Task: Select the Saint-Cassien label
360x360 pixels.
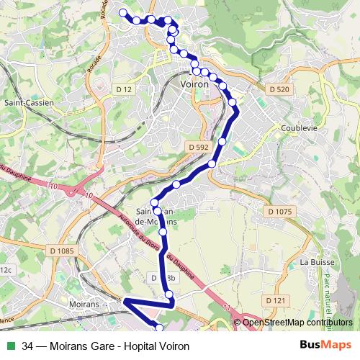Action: tap(29, 103)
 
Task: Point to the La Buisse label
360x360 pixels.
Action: tap(315, 262)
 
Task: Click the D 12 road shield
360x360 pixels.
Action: tap(124, 89)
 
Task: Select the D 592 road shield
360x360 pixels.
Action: tap(197, 147)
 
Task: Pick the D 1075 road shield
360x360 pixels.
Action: tap(279, 212)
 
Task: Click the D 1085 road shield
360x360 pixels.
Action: tap(62, 251)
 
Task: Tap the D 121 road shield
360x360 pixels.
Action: tap(276, 300)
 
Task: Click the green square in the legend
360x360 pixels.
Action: tap(9, 346)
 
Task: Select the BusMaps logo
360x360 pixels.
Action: tap(325, 346)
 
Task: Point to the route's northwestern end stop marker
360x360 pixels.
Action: tap(122, 12)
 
